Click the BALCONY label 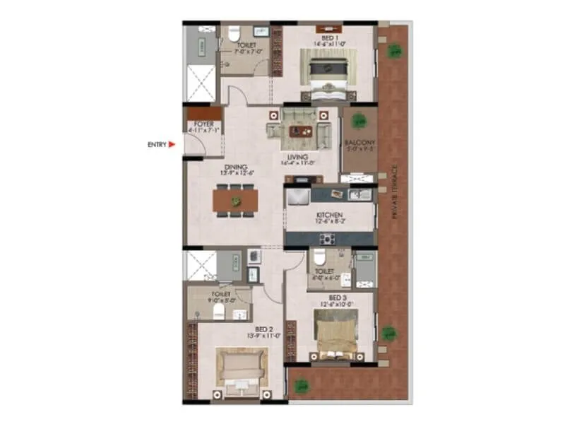point(358,145)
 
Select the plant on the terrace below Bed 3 point(302,387)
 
